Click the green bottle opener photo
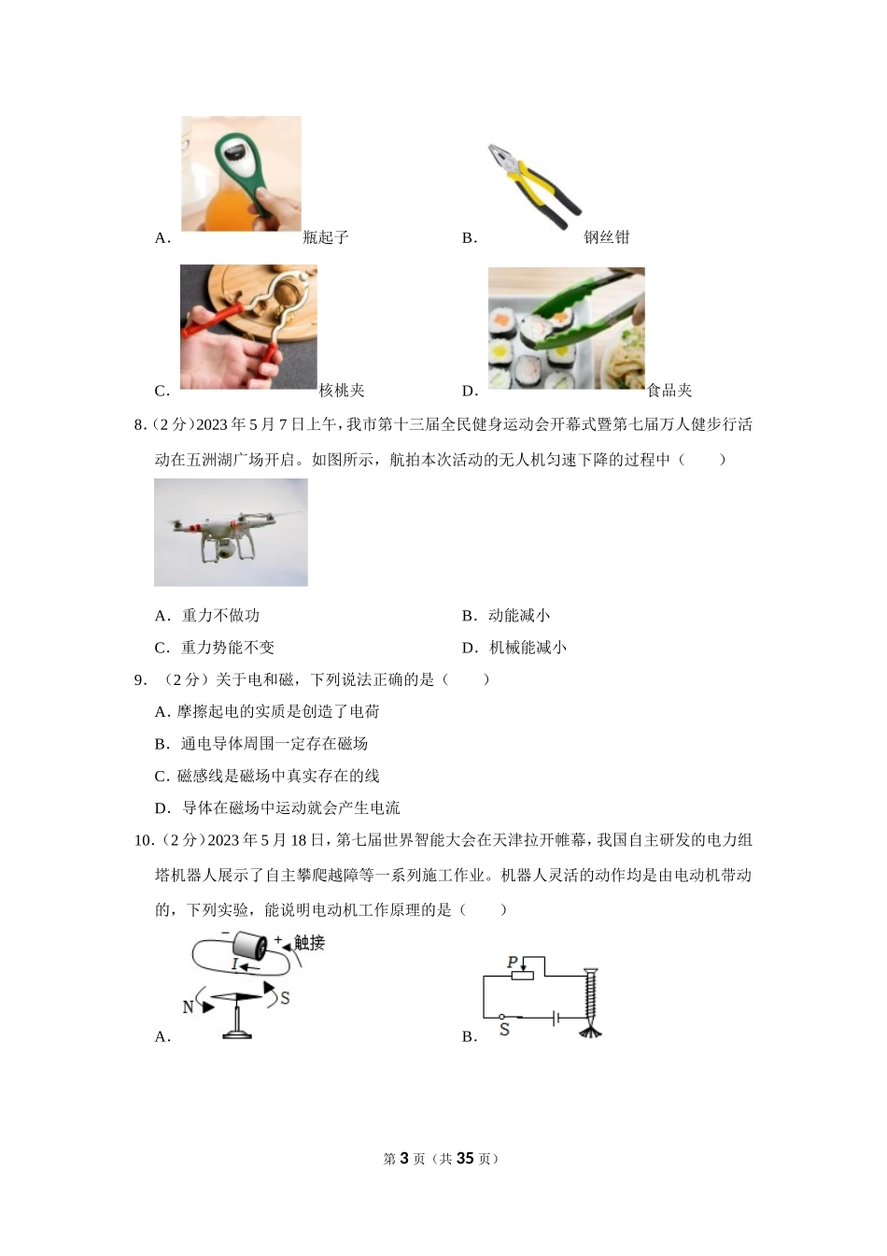click(x=241, y=174)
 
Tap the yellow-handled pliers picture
click(x=534, y=185)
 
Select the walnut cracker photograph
click(x=248, y=327)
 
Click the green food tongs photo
click(x=566, y=328)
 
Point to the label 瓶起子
click(x=326, y=237)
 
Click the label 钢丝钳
click(x=607, y=237)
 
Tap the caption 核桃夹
click(x=342, y=391)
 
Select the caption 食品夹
click(x=669, y=391)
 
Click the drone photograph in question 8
click(x=231, y=533)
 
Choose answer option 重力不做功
click(x=220, y=616)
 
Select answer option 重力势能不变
click(x=228, y=648)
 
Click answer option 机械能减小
click(x=528, y=648)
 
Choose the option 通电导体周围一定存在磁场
click(x=274, y=744)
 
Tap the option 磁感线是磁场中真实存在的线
click(x=278, y=776)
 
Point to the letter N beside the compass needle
click(x=188, y=1006)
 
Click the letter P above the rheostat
click(x=512, y=962)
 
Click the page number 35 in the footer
click(x=465, y=1159)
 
